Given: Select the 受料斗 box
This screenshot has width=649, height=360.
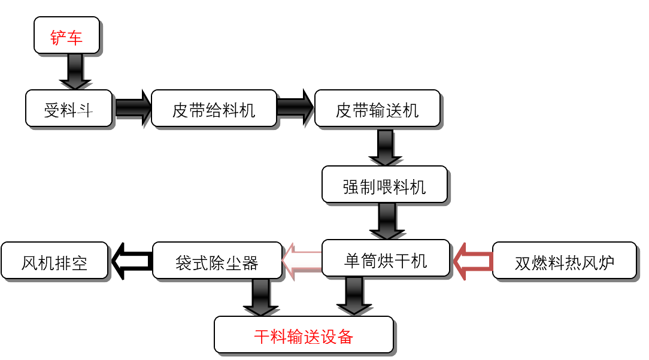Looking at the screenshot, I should coord(69,108).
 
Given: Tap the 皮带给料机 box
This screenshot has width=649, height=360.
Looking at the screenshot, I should coord(214,108).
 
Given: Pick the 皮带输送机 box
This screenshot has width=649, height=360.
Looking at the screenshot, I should coord(377,108).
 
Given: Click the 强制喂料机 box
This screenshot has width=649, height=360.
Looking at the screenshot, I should coord(384,184).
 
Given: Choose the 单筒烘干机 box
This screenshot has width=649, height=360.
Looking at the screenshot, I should coord(386,259).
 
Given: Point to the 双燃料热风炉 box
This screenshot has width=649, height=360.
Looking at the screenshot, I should coord(564,261).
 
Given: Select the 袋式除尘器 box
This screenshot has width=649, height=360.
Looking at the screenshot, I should coord(217,261).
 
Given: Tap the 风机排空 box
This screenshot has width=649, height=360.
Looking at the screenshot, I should coord(54,261).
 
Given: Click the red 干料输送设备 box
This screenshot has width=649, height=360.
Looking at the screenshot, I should coord(304,335).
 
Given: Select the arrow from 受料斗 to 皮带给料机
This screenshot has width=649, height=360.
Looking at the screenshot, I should coord(132,108).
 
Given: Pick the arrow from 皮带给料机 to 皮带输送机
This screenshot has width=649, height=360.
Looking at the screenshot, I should coord(296,108).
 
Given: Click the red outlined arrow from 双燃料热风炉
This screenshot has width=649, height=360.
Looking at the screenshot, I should coord(472,261).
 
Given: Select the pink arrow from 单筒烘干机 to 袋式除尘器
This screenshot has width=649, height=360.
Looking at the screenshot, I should coord(302,261).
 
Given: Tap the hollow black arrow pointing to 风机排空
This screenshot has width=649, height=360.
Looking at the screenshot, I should coord(131,261).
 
